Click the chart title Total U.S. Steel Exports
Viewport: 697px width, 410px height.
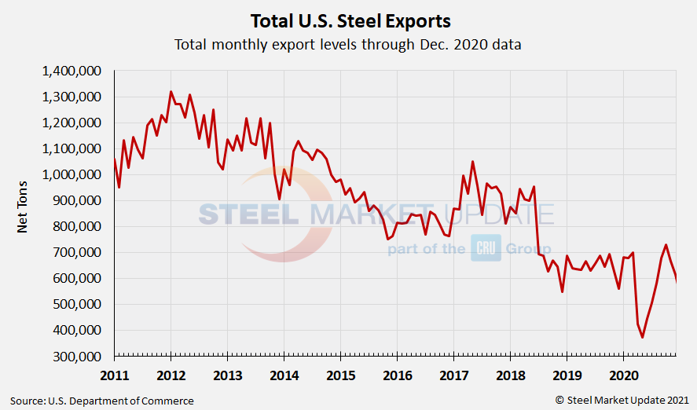coord(350,20)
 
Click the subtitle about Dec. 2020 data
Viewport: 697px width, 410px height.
coord(348,45)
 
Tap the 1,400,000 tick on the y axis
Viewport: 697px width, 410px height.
coord(72,71)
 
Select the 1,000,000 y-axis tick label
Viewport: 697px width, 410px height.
coord(72,175)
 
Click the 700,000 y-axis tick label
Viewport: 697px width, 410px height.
coord(77,253)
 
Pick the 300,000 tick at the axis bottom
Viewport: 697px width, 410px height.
coord(77,357)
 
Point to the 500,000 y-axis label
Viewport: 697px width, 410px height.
coord(77,305)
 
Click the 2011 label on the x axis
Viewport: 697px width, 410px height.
coord(114,374)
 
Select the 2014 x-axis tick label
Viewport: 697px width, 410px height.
coord(284,374)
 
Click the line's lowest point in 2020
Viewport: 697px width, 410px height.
coord(642,337)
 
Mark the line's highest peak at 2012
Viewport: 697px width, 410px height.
coord(171,92)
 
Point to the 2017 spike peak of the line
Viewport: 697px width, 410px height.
coord(472,162)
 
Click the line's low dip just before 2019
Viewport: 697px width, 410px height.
coord(562,291)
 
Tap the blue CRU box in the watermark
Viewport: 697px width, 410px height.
coord(486,248)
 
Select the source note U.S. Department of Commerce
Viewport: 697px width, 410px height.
coord(101,401)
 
